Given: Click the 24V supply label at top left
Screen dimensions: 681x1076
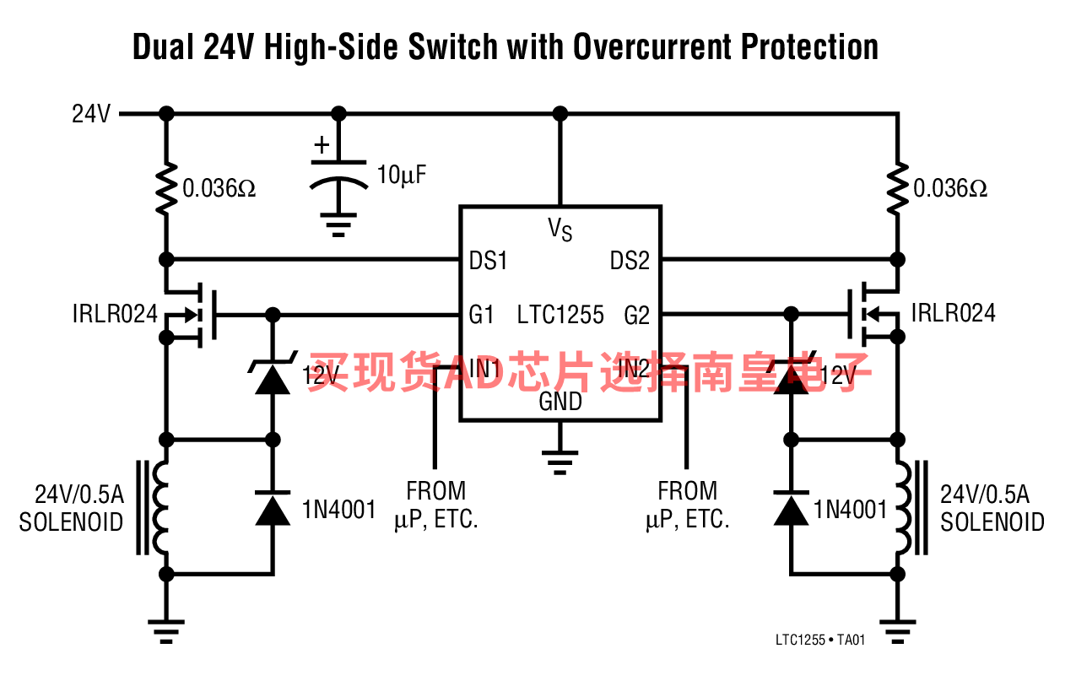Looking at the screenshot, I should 91,114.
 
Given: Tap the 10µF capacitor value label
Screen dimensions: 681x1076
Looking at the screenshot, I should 402,176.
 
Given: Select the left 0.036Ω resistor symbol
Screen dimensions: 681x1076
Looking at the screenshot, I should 166,186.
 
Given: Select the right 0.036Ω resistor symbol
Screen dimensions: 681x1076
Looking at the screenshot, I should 897,186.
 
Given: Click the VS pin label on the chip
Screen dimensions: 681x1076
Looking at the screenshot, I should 560,228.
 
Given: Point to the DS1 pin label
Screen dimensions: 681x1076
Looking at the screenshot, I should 488,261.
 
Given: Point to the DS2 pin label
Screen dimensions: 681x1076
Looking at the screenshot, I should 630,261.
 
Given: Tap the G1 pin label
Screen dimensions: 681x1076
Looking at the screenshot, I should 481,316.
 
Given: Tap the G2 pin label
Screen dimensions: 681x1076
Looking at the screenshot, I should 636,316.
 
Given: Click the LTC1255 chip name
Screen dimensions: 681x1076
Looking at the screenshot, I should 560,316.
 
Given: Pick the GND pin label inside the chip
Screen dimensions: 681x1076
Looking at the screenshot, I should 560,402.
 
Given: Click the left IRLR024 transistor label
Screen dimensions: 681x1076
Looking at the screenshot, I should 115,314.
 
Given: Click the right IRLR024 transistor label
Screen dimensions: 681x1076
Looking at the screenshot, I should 953,313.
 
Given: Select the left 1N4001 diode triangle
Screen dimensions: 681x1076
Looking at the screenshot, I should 273,509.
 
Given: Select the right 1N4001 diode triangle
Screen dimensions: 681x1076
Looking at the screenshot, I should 791,509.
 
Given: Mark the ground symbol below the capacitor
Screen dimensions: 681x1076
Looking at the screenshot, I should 338,224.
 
